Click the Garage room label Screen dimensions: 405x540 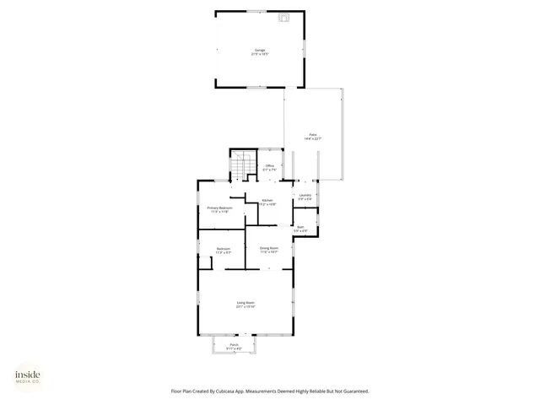click(x=260, y=50)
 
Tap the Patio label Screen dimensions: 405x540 click(x=312, y=134)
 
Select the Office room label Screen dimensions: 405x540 click(x=269, y=165)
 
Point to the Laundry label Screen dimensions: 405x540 click(x=305, y=195)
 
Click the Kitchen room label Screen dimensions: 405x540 click(x=267, y=200)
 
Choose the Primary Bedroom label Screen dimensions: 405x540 click(x=219, y=208)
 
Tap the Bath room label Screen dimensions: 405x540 click(x=300, y=226)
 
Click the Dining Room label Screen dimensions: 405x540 click(x=269, y=248)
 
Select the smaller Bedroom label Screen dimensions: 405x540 click(x=224, y=248)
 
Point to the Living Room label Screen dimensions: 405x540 click(x=246, y=302)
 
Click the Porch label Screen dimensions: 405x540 click(x=234, y=344)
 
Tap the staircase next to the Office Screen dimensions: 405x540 click(x=242, y=165)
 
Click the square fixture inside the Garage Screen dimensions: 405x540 click(x=284, y=17)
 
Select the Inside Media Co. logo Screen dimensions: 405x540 click(x=27, y=376)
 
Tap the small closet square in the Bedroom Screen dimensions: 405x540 click(x=205, y=262)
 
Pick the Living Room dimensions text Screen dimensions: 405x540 click(x=246, y=306)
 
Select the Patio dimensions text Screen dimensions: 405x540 click(x=312, y=138)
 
